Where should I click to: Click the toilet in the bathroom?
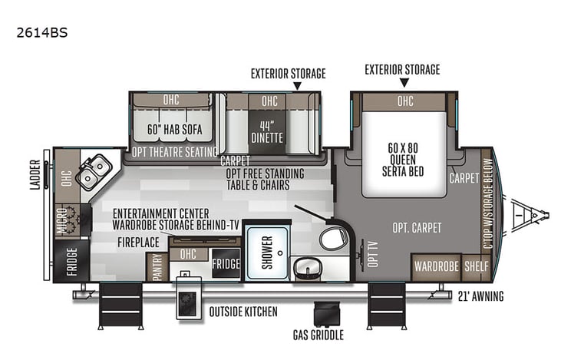332,237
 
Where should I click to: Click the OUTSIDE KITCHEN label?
243,312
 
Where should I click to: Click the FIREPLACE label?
138,241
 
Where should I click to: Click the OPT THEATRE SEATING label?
174,152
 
